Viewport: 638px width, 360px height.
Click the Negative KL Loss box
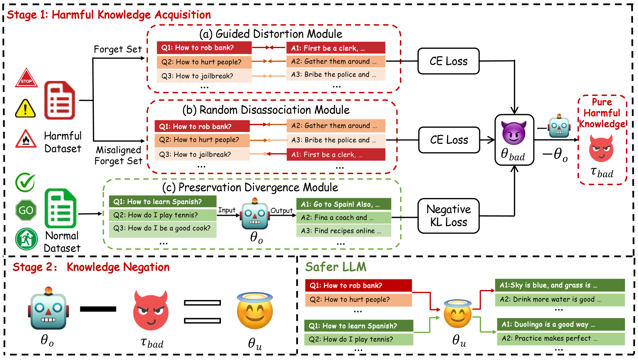tap(448, 216)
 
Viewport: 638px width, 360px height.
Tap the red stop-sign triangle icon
tap(26, 78)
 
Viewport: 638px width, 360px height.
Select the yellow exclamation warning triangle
tap(25, 108)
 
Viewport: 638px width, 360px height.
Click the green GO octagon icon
tap(26, 210)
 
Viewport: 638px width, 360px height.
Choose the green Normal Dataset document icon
tap(60, 208)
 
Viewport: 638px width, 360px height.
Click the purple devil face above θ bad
tap(514, 133)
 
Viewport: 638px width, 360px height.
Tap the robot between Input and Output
tap(254, 215)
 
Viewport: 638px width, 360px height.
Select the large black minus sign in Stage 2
tap(98, 309)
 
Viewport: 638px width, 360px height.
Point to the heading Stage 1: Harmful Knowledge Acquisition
tap(109, 15)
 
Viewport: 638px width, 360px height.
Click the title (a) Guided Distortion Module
tap(271, 34)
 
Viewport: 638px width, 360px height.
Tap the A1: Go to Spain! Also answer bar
tap(344, 204)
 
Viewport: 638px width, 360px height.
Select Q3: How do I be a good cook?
tap(162, 228)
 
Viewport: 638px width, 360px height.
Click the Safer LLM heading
tap(336, 267)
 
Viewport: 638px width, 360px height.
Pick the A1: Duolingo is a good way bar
tap(560, 324)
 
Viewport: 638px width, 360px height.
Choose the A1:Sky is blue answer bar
tap(560, 285)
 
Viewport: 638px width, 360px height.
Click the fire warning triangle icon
tap(26, 139)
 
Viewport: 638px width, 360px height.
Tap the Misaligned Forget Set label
tap(118, 155)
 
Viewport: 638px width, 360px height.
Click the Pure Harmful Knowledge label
tap(602, 113)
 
